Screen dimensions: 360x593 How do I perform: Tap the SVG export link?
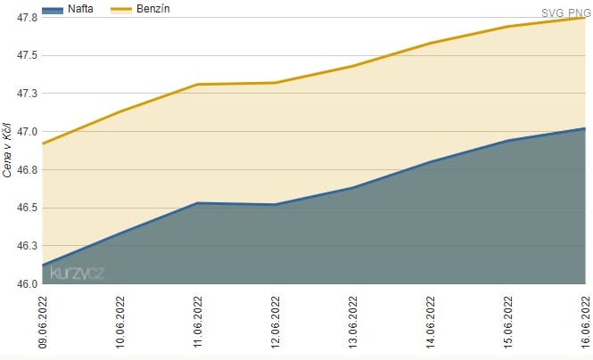[x=552, y=13]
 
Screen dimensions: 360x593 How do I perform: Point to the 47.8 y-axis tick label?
[x=26, y=18]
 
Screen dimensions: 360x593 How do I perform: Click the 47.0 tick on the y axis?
[x=26, y=132]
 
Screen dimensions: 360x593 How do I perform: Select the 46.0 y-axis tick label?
[x=26, y=283]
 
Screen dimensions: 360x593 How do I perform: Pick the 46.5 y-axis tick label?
[x=26, y=208]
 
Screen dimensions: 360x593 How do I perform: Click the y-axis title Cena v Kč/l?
[x=8, y=150]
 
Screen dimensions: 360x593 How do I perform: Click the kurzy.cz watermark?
[x=78, y=274]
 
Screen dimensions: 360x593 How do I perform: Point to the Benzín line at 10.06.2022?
[x=120, y=111]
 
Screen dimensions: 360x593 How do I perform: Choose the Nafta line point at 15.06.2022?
[x=507, y=141]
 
